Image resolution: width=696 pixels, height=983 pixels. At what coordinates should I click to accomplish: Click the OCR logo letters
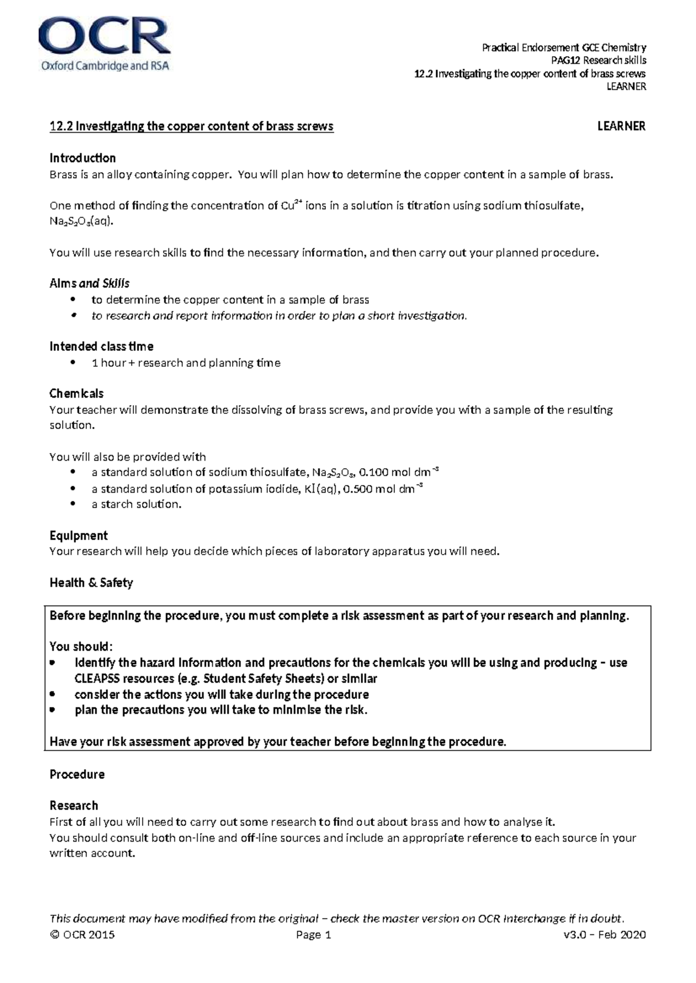tap(104, 36)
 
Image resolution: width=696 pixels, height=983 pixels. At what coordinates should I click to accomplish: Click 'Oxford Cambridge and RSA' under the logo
tap(104, 66)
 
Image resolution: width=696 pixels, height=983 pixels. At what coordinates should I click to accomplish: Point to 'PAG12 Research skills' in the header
tap(598, 60)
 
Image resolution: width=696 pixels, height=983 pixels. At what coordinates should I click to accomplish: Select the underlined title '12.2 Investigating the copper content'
tap(191, 126)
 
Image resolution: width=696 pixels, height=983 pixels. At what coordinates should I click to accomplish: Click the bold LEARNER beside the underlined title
tap(621, 126)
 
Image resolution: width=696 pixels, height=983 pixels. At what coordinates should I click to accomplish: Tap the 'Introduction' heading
tap(82, 158)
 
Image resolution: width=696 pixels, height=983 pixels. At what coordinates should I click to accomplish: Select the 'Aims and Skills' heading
tap(89, 283)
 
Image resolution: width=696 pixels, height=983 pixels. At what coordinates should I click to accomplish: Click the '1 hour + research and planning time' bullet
tap(186, 363)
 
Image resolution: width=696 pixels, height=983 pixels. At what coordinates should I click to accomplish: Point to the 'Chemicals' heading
tap(77, 394)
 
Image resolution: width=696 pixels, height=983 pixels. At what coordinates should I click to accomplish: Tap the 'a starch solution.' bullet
tap(136, 504)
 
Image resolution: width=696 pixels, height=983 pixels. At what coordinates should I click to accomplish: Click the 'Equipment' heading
tap(79, 536)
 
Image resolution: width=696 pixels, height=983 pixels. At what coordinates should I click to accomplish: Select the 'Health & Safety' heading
tap(91, 583)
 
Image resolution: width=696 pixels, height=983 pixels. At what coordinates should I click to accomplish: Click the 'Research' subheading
tap(74, 806)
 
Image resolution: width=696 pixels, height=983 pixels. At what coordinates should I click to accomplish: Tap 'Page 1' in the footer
tap(313, 935)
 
